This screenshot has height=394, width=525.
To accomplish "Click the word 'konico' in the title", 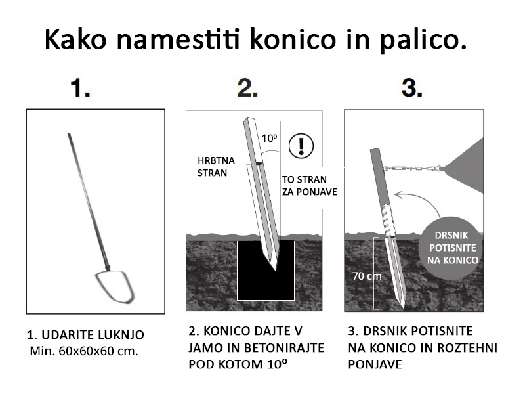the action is [293, 39].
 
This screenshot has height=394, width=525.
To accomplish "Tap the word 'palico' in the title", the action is [419, 40].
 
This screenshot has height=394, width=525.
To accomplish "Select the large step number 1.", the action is [80, 88].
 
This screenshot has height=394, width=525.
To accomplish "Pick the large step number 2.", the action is [248, 88].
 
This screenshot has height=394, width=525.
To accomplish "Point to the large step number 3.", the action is [412, 88].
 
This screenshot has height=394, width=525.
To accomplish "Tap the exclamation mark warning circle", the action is [301, 146].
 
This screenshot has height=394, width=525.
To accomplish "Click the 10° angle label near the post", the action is [270, 138].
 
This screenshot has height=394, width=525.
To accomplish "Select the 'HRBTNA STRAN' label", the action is [216, 167].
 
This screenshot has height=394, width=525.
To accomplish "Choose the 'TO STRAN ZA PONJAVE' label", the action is [309, 186].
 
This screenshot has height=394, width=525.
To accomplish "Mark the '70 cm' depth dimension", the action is [367, 276].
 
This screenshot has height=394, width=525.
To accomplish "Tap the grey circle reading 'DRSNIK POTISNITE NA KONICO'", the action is [452, 248].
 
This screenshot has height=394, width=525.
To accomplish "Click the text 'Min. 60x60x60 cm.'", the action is [84, 351].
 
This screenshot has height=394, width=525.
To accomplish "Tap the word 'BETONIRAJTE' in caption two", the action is [284, 348].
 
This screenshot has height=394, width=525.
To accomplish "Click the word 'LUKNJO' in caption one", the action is [121, 335].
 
